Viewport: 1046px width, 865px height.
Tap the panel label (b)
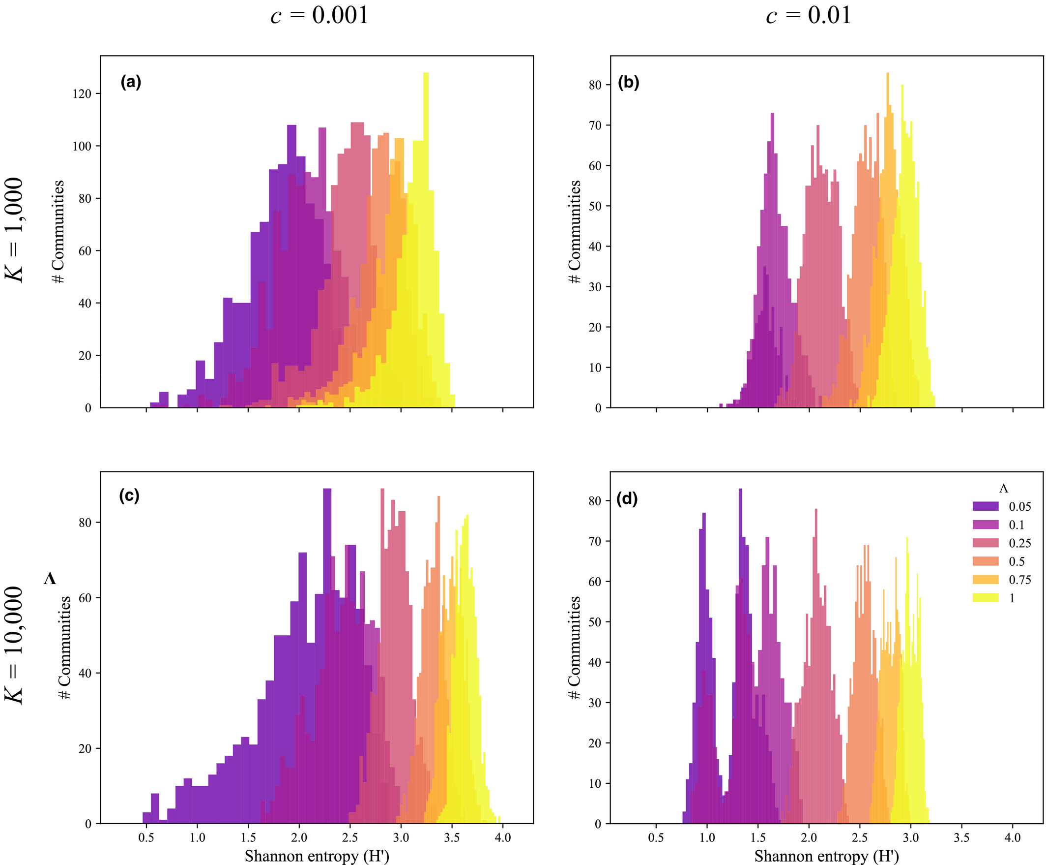pos(628,82)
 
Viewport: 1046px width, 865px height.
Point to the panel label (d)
pos(627,499)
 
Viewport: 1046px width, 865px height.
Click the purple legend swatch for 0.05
pos(985,506)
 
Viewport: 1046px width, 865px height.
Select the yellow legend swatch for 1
pos(985,598)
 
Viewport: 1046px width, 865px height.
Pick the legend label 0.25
pos(1019,543)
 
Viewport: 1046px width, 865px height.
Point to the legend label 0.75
pos(1019,580)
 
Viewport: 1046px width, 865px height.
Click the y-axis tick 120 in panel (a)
pos(82,93)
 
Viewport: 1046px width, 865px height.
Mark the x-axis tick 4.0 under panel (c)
pos(503,837)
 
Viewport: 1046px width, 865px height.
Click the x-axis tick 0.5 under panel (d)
pos(656,837)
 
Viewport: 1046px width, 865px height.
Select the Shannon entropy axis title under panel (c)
pos(317,856)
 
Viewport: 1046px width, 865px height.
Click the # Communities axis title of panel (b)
pos(575,232)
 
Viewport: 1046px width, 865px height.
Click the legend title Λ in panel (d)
pos(1003,489)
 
